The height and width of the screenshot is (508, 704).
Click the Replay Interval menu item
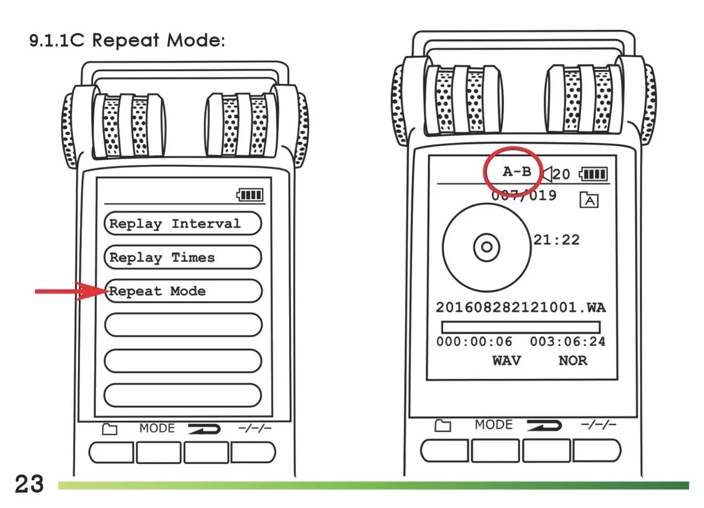182,223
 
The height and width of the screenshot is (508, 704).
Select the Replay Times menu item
182,257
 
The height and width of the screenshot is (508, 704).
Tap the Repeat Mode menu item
183,291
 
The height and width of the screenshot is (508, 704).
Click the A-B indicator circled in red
516,172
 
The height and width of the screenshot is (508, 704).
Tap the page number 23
29,484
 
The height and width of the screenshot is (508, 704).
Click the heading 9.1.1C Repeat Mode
127,40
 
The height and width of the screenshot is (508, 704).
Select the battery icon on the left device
250,195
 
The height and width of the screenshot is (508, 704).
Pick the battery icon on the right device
594,174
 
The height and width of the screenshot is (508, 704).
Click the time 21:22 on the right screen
556,240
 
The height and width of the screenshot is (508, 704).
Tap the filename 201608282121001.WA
520,307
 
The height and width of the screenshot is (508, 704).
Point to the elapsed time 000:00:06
474,341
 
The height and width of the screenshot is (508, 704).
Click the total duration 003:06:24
567,341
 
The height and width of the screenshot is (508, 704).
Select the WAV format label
506,361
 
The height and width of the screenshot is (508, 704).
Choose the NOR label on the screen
573,361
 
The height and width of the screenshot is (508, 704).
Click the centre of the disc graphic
486,247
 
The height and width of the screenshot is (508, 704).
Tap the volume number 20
561,174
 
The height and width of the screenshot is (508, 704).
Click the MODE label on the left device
157,428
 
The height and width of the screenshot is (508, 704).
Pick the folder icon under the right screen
443,425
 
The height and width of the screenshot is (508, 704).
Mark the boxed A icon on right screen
589,200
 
